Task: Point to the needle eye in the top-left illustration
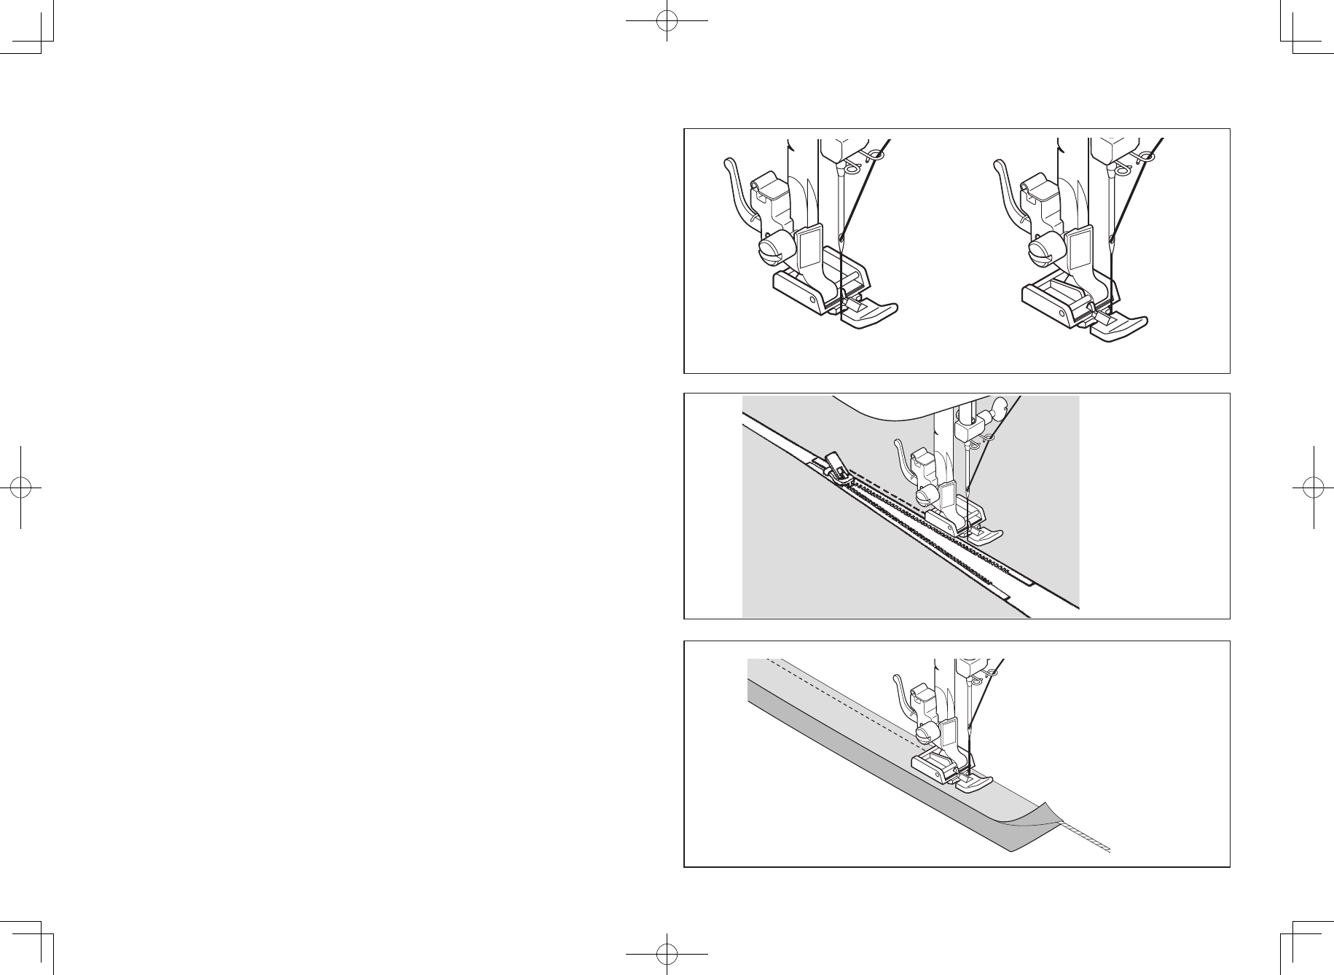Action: [841, 238]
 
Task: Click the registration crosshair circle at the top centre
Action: [667, 21]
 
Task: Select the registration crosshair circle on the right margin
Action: [1312, 487]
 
